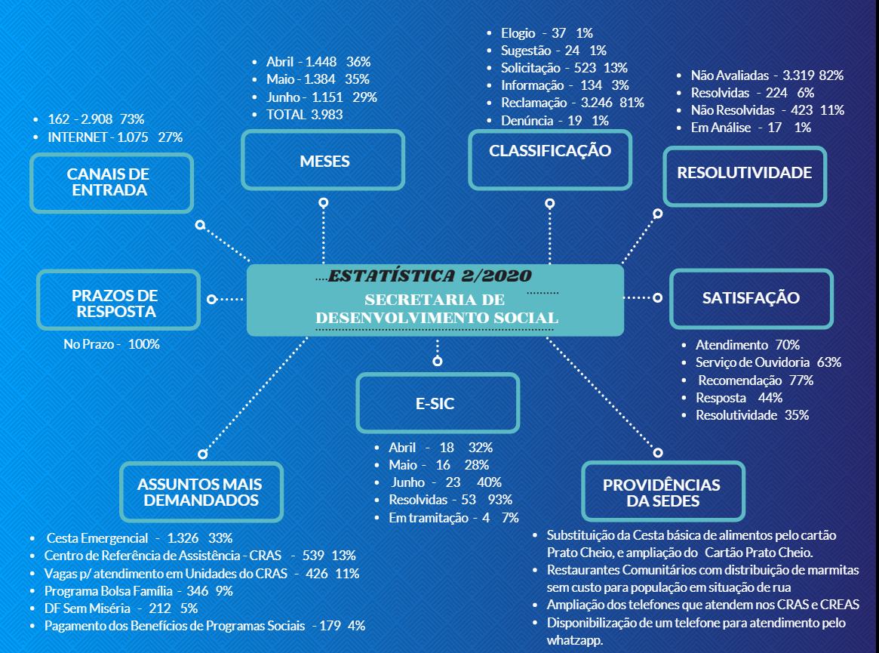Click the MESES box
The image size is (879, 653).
point(323,161)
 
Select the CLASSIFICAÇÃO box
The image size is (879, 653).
point(550,160)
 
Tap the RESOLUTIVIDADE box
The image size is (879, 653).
point(745,177)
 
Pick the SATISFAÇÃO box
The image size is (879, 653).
point(751,299)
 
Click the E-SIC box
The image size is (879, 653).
point(438,403)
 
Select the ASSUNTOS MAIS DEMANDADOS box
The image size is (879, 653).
point(201,492)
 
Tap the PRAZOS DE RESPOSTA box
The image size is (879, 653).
point(118,300)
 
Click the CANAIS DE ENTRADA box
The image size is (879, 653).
point(112,183)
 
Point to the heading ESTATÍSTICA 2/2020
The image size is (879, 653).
point(430,276)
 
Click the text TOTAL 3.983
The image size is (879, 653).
point(304,115)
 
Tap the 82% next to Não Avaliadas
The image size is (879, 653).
point(831,75)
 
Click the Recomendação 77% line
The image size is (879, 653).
point(756,380)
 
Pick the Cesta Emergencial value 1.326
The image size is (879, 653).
point(183,538)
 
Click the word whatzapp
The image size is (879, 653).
point(575,641)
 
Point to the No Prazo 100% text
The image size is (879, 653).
point(112,344)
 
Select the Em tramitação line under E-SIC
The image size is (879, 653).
point(453,518)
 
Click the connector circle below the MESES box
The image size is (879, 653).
point(324,202)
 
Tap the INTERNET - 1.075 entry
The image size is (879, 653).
point(98,137)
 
